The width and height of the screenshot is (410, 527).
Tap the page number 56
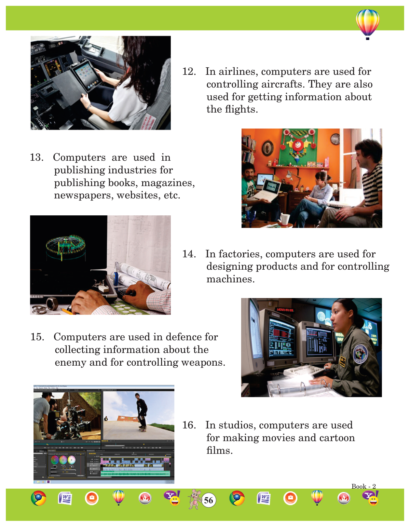(208, 500)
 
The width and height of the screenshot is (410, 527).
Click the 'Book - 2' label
(363, 486)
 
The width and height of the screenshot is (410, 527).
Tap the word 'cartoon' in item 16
(337, 438)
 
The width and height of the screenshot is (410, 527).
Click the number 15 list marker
(37, 337)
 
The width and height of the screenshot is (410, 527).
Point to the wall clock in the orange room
(335, 139)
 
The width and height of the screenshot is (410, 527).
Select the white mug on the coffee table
(285, 219)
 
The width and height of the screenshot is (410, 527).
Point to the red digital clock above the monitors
(285, 310)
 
